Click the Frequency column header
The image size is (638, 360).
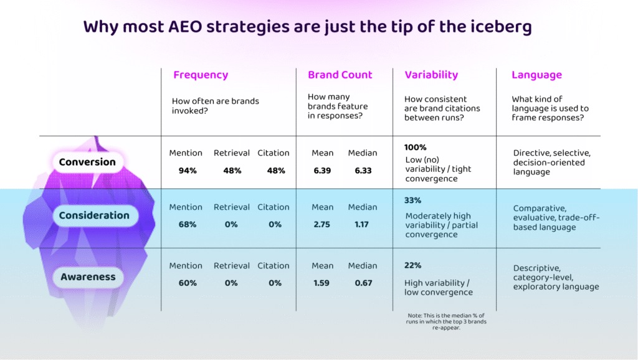coord(201,75)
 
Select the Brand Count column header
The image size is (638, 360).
coord(340,75)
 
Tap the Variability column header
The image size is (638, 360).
coord(431,75)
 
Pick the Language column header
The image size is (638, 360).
coord(536,75)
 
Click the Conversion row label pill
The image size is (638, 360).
coord(87,162)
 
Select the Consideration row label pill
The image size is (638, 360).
coord(94,216)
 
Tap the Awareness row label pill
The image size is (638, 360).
coord(88,277)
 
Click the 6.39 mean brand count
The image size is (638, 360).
coord(322,171)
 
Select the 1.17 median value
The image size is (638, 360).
coord(362,224)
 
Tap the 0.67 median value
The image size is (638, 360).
coord(362,283)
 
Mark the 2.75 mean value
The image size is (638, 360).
coord(322,224)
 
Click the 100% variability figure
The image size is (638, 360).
coord(416,148)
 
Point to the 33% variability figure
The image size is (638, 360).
coord(413,201)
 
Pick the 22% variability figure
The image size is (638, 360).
coord(413,265)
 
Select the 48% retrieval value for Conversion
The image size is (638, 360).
coord(232,171)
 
